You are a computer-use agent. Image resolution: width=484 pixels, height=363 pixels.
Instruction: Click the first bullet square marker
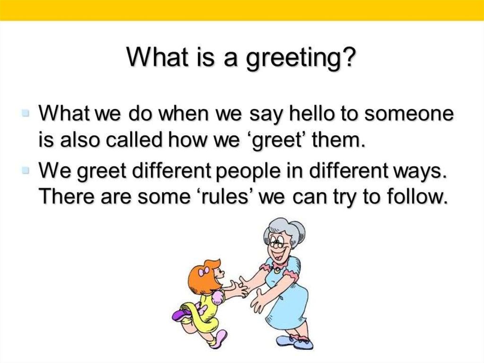click(x=26, y=114)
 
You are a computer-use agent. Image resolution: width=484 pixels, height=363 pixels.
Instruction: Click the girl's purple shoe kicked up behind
click(x=182, y=315)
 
